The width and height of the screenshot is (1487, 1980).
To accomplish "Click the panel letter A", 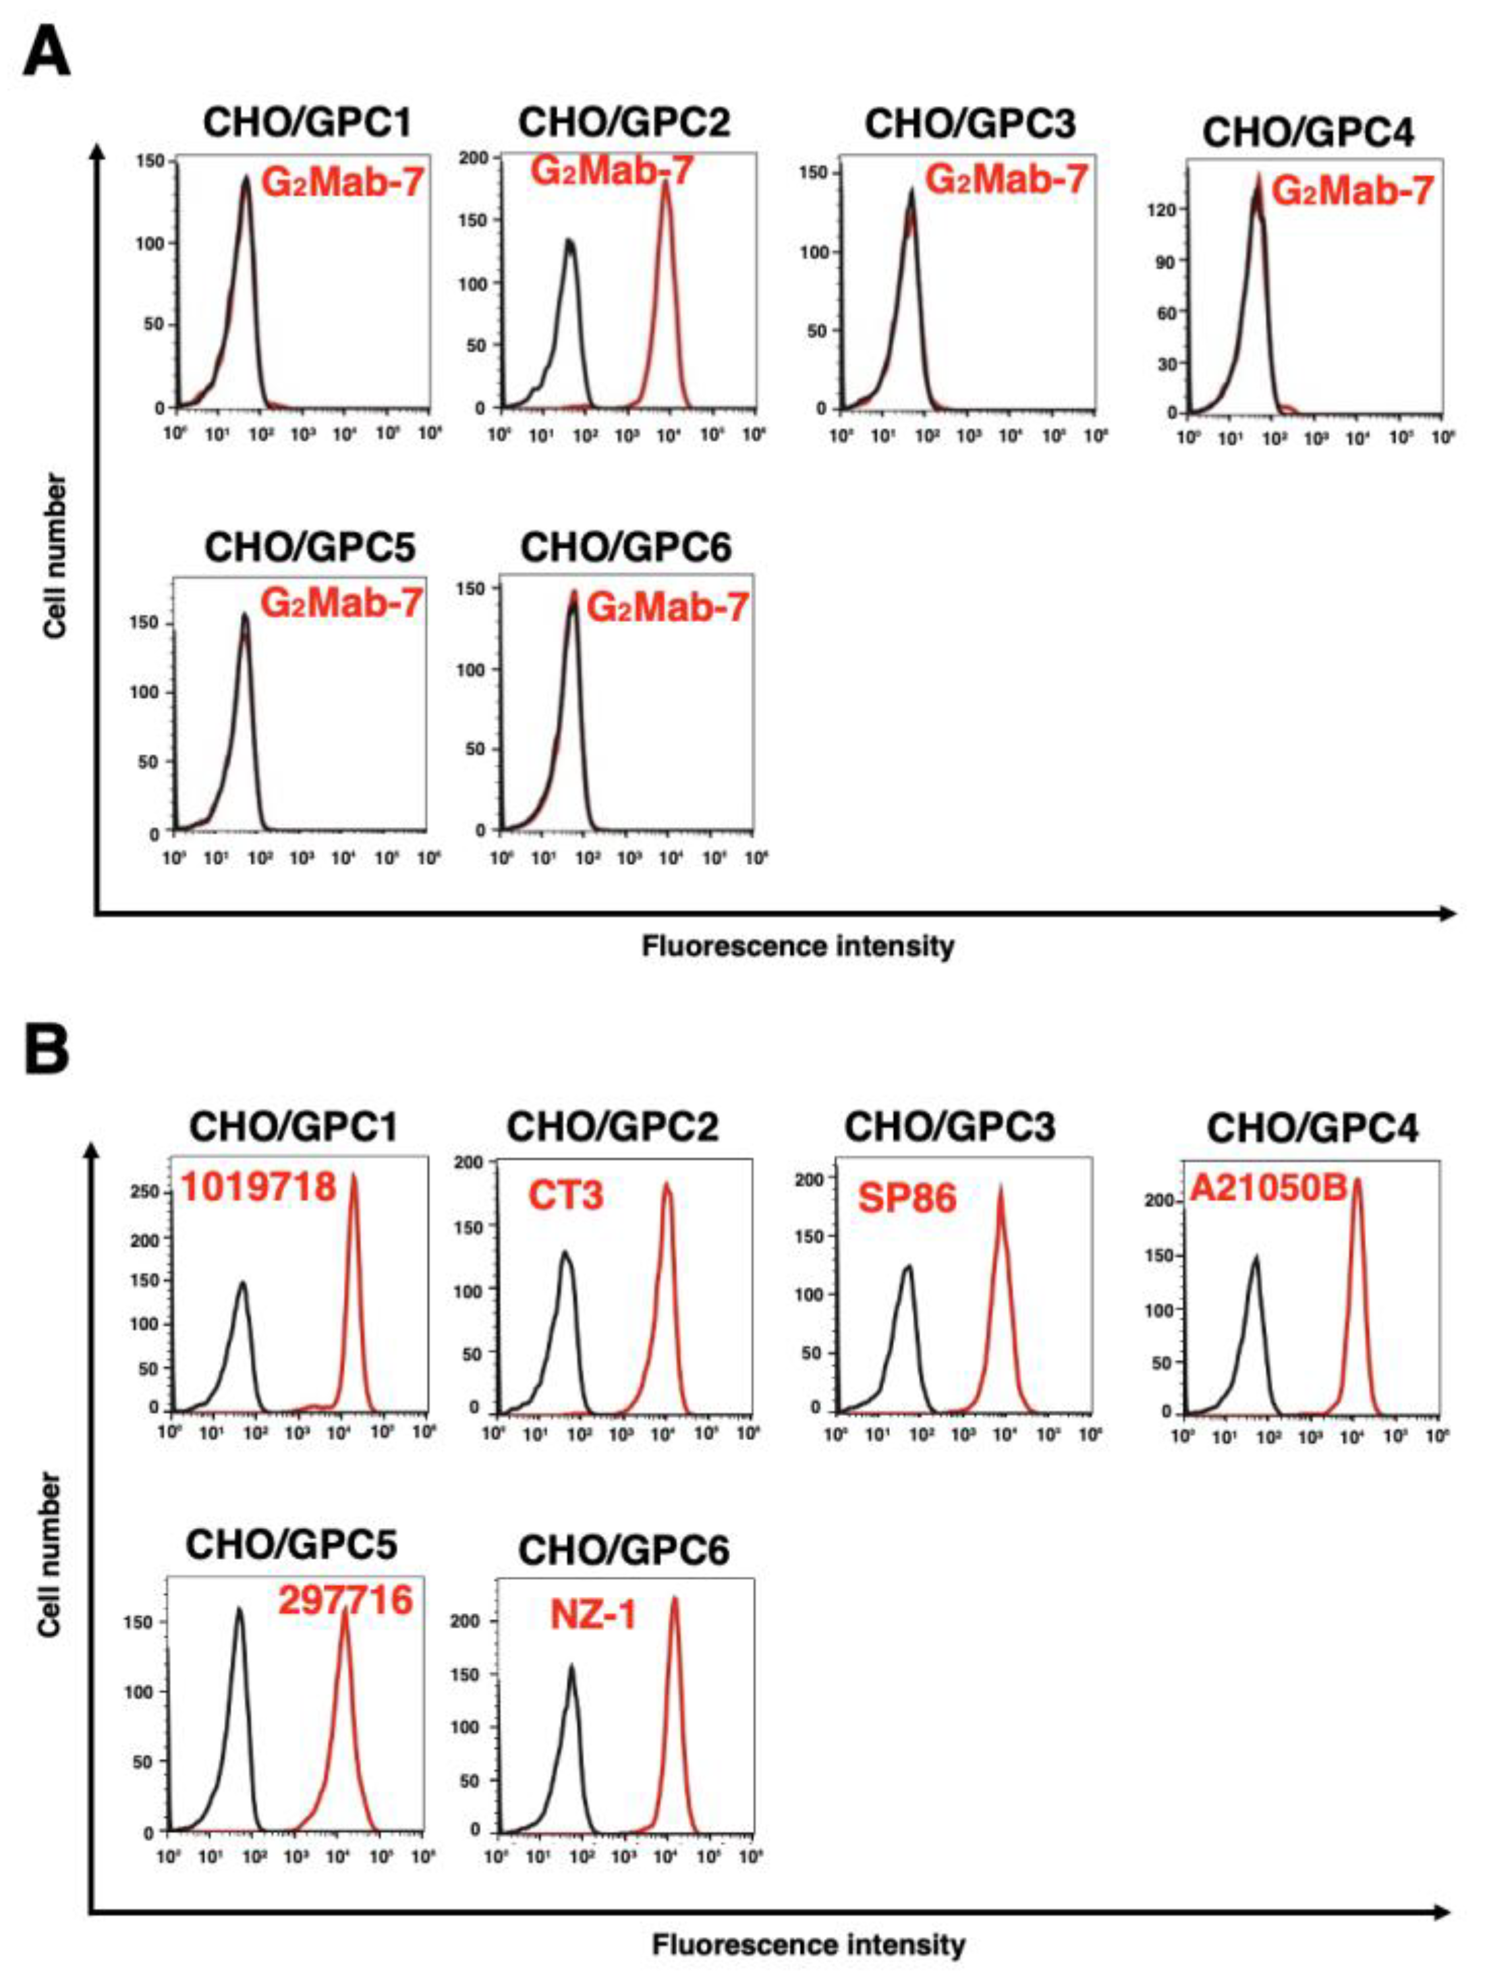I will (x=47, y=54).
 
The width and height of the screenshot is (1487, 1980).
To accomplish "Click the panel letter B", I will (x=47, y=1049).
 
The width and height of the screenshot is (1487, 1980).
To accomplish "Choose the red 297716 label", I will (x=345, y=1600).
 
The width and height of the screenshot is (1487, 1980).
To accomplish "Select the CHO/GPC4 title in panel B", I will (x=1312, y=1129).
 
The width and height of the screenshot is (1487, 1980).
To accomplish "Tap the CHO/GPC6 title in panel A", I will (x=626, y=547).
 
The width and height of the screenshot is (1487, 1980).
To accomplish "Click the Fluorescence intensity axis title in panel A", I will (x=797, y=946).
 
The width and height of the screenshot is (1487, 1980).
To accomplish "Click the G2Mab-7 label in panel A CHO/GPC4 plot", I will (x=1353, y=191).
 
